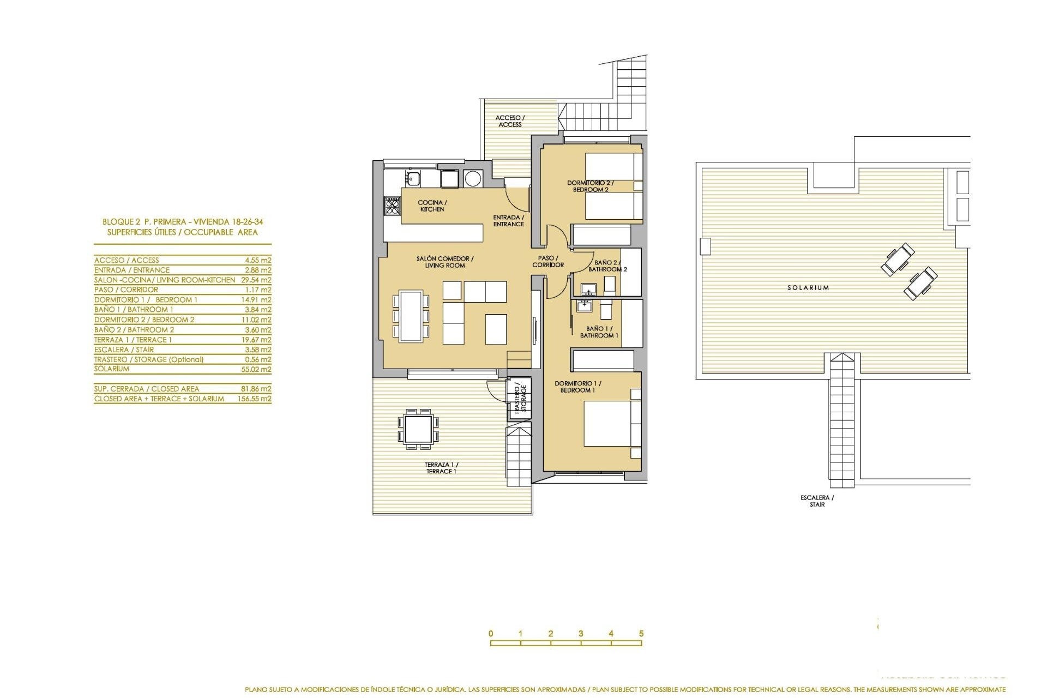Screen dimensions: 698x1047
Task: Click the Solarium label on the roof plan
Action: pos(808,287)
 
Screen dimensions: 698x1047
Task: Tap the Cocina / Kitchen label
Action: pos(432,206)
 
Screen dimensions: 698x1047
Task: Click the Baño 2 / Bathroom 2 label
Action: pos(607,266)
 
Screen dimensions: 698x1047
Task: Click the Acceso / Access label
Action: pos(510,121)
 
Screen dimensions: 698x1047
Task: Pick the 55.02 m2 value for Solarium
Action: pos(258,369)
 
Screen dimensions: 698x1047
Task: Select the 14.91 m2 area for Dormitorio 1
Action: pos(258,300)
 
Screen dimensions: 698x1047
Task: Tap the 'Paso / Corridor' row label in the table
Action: pos(126,290)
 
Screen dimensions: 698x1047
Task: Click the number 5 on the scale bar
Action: pos(641,634)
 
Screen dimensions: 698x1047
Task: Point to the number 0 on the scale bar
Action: pos(491,634)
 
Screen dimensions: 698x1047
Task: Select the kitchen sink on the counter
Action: pos(413,178)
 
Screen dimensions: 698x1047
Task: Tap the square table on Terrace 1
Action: pos(419,429)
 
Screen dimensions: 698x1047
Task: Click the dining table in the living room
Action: pos(411,316)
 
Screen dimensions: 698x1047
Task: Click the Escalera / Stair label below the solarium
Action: pos(817,501)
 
